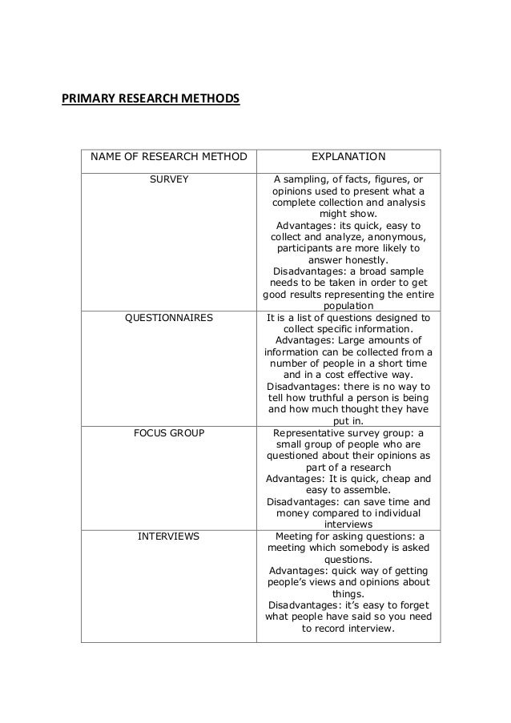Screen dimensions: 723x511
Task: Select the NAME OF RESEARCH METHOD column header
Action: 168,157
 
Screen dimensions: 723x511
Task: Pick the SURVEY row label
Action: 169,179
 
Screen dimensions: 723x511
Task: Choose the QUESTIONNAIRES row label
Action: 169,318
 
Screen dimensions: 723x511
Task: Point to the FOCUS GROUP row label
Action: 169,433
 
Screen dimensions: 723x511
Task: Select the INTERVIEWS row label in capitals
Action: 169,536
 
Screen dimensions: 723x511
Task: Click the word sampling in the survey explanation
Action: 309,179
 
